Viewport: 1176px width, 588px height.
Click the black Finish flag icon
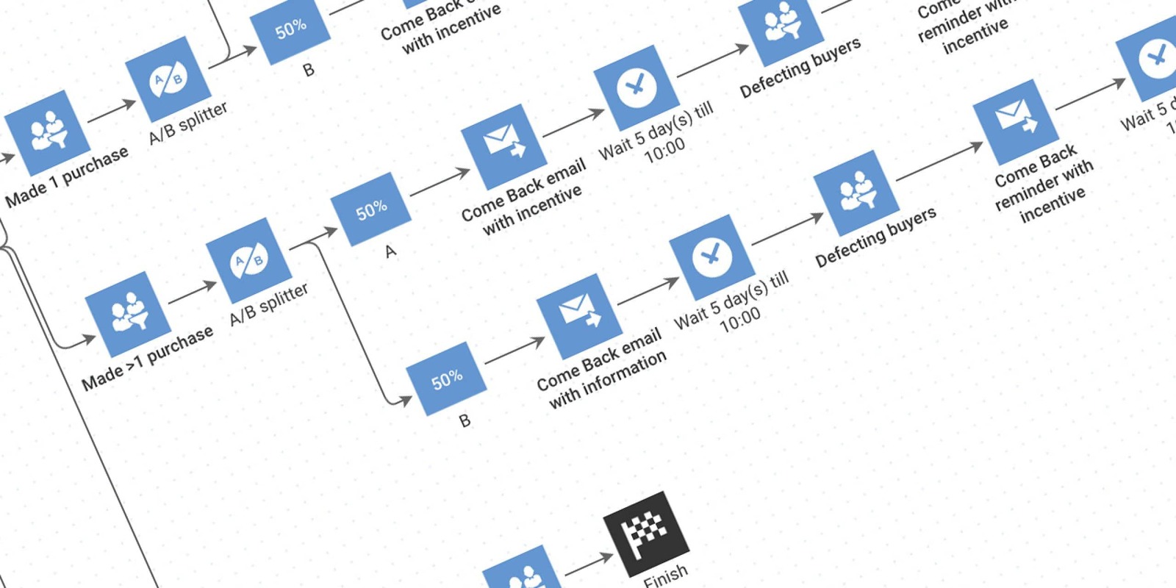(x=646, y=534)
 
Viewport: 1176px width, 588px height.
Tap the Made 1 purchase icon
(x=46, y=133)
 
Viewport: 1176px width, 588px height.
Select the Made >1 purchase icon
(x=128, y=314)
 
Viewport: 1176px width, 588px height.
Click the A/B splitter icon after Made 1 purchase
(x=168, y=79)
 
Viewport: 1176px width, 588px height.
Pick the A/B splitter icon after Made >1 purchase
(x=248, y=260)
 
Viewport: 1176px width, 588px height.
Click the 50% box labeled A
(x=370, y=209)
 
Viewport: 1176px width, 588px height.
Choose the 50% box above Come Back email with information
(x=446, y=379)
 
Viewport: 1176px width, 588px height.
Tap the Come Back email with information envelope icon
(x=579, y=316)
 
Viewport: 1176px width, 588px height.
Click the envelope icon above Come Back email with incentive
(x=503, y=146)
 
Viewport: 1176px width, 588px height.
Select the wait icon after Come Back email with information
(x=711, y=257)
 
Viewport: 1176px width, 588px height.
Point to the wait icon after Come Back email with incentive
(x=636, y=87)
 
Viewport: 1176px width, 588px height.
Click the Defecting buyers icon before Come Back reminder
(x=857, y=193)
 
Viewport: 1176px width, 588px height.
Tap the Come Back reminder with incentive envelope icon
(x=1015, y=121)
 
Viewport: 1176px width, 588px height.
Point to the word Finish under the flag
(x=666, y=576)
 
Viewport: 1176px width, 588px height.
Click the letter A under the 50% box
(x=390, y=251)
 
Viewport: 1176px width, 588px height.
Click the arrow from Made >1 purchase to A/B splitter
(x=193, y=293)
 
